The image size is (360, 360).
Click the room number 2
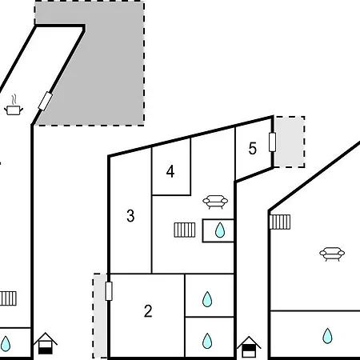pyautogui.click(x=148, y=311)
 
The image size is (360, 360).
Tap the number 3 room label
pyautogui.click(x=130, y=216)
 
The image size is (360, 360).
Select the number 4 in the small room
pyautogui.click(x=170, y=171)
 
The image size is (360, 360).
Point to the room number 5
pyautogui.click(x=253, y=148)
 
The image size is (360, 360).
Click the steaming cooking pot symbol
pyautogui.click(x=14, y=105)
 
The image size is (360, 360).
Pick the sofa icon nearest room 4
pyautogui.click(x=215, y=202)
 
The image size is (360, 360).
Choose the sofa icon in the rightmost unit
pyautogui.click(x=332, y=254)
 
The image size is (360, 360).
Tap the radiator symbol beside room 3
pyautogui.click(x=185, y=230)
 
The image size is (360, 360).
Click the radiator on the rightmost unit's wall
pyautogui.click(x=280, y=222)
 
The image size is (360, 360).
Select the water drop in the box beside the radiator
pyautogui.click(x=220, y=230)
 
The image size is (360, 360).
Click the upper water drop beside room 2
pyautogui.click(x=207, y=299)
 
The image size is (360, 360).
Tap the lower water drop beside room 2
pyautogui.click(x=207, y=341)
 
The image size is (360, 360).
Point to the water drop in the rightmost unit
pyautogui.click(x=327, y=335)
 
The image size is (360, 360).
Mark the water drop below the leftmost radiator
pyautogui.click(x=6, y=344)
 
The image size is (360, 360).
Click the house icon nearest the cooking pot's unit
pyautogui.click(x=46, y=343)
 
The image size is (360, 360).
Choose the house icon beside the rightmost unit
pyautogui.click(x=249, y=346)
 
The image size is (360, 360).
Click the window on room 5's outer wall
pyautogui.click(x=272, y=142)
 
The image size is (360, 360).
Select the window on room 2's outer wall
pyautogui.click(x=109, y=291)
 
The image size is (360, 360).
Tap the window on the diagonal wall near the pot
pyautogui.click(x=46, y=101)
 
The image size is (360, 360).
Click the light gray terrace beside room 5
pyautogui.click(x=290, y=142)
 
